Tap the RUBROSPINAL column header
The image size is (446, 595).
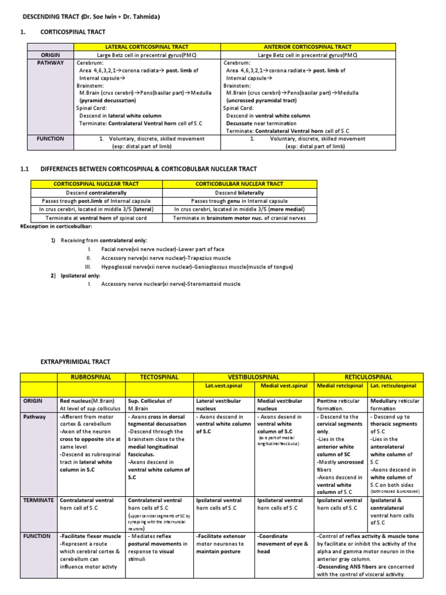90,377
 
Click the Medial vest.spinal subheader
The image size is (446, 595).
284,386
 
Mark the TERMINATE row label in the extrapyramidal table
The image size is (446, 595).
38,500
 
